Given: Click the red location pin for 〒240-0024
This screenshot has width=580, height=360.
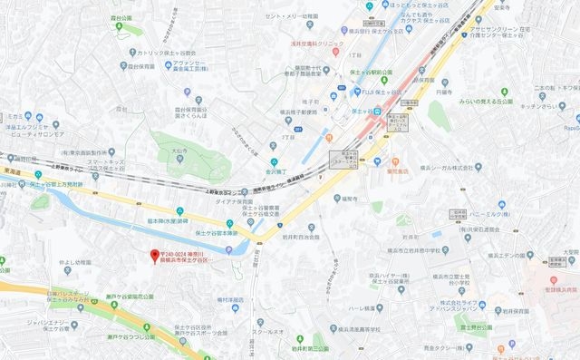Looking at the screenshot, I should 154,255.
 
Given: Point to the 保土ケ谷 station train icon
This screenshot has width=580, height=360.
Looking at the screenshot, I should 373,111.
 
